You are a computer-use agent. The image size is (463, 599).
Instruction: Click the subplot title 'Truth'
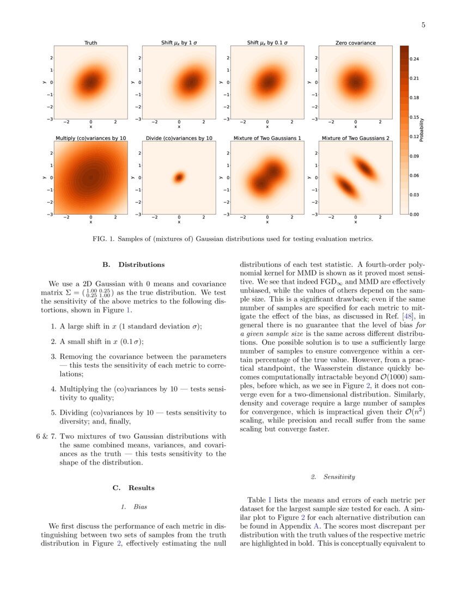(91, 43)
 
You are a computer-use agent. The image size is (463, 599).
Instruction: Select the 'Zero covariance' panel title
(355, 43)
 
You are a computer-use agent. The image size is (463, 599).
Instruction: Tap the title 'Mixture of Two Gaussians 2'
(355, 138)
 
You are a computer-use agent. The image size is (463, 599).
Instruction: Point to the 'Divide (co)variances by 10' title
(179, 138)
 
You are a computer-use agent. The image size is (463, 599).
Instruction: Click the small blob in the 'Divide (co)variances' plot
(179, 177)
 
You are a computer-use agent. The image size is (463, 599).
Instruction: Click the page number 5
(423, 25)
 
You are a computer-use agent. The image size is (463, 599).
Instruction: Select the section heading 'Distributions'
(141, 265)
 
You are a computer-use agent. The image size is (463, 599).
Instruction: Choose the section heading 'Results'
(141, 487)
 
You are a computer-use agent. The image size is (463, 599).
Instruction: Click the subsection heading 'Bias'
(141, 507)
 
